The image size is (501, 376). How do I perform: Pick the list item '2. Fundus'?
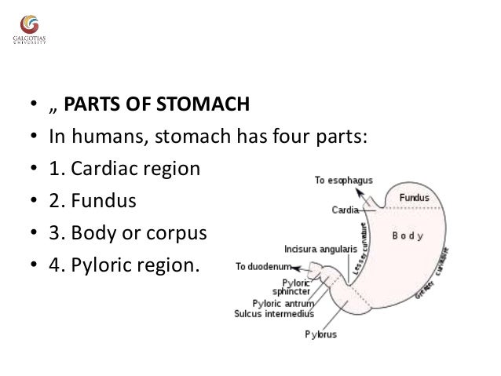[93, 201]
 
